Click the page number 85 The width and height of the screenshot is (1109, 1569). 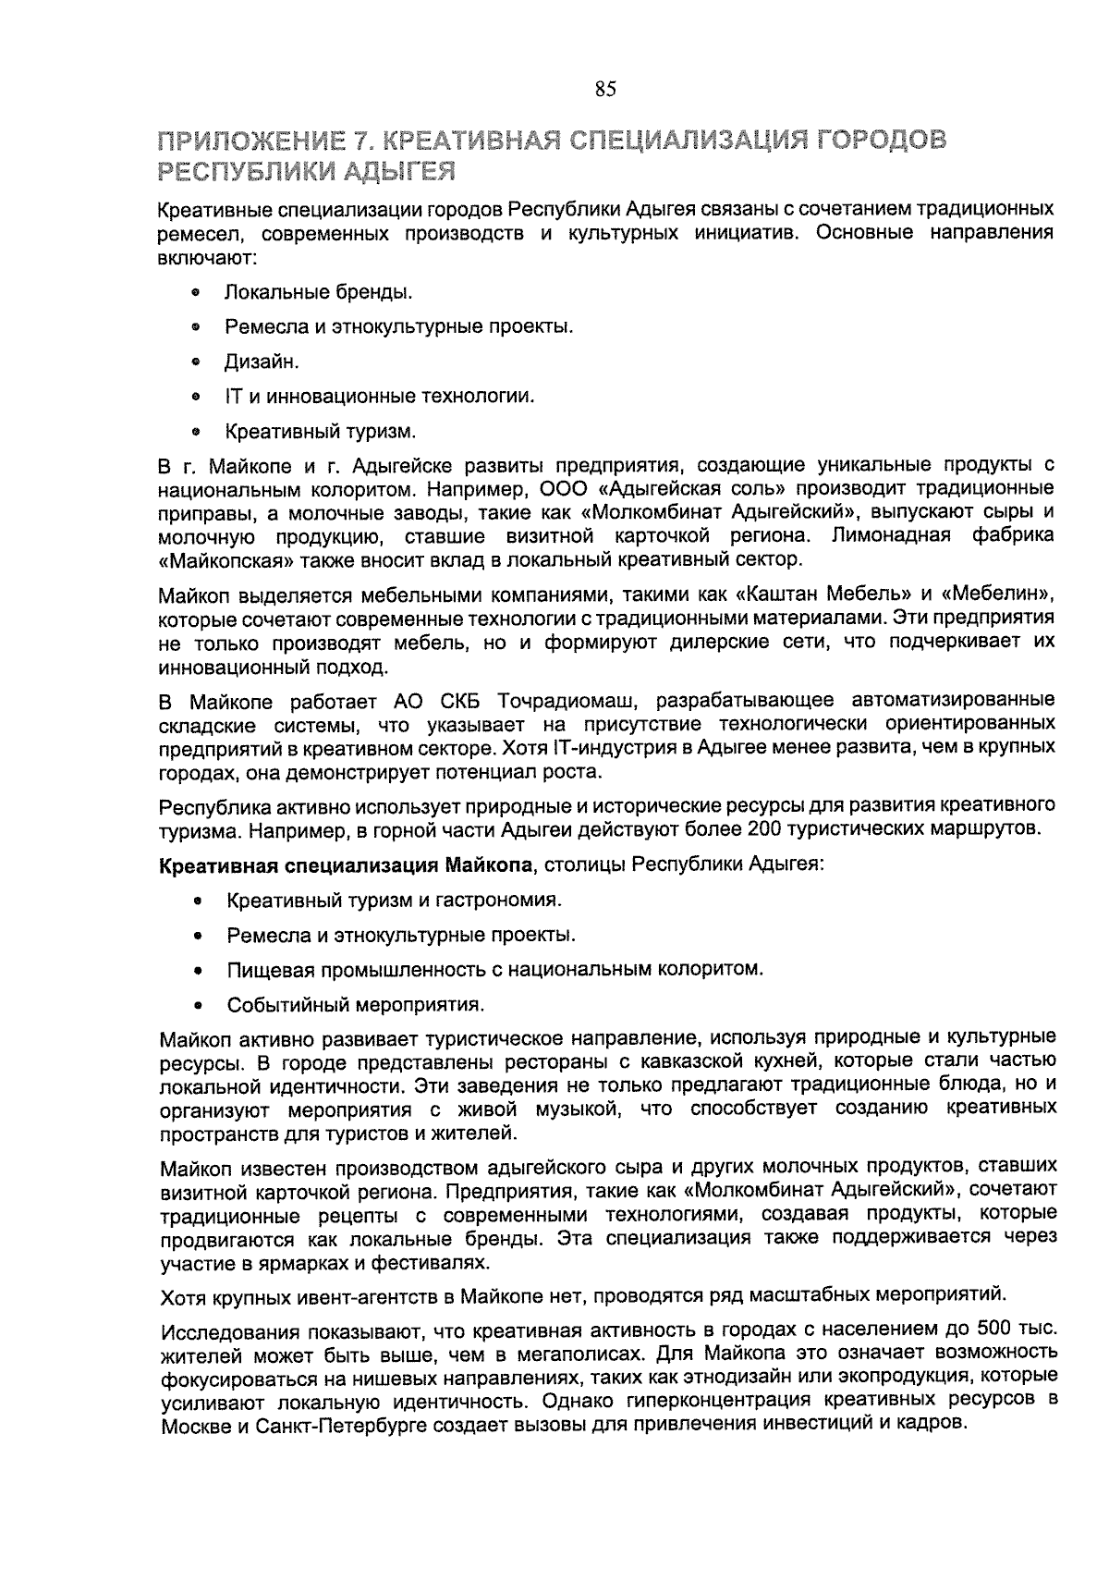[x=605, y=90]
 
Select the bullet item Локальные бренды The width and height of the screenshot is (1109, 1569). [x=318, y=292]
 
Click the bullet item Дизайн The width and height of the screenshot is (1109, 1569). [x=262, y=362]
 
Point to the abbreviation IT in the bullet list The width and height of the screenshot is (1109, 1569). [x=233, y=397]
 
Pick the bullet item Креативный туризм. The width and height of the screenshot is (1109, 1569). [x=320, y=431]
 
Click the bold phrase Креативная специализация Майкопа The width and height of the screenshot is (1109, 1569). [x=347, y=865]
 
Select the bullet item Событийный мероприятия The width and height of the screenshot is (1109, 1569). [x=356, y=1004]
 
